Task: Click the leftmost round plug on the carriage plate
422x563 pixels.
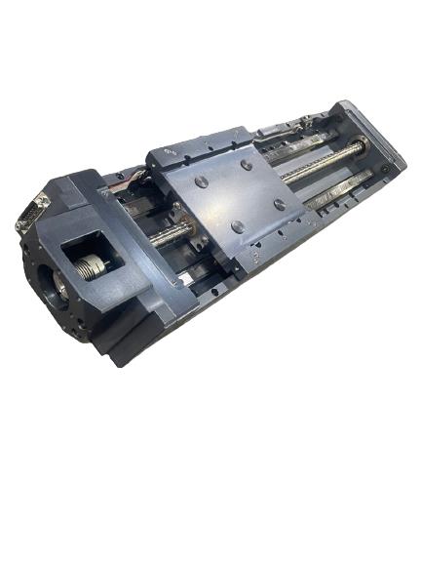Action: click(x=200, y=182)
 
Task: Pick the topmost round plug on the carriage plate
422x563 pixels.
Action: click(x=247, y=165)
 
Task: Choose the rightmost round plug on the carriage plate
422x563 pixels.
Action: click(x=281, y=204)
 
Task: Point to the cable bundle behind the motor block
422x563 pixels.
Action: click(x=132, y=179)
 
